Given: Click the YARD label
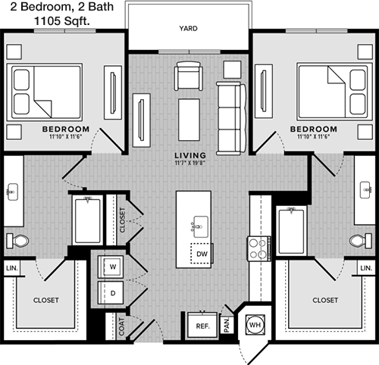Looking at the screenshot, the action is (188, 28).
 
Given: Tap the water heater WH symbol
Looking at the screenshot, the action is (255, 325).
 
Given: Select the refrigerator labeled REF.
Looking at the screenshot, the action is (202, 325).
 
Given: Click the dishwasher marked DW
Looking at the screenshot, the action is (202, 254).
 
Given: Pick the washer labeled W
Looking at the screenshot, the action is (111, 267).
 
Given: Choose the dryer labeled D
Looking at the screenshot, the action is (111, 293).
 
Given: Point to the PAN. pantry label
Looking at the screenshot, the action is (227, 325).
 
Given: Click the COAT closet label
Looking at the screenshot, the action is (121, 326).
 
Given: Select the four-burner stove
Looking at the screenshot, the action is (259, 248).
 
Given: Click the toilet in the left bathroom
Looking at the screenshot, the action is (17, 241).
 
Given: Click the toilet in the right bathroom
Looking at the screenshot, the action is (361, 241).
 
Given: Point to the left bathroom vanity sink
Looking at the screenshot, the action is (12, 192).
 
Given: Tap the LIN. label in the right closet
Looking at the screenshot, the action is (366, 268).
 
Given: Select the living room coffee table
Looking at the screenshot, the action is (189, 120).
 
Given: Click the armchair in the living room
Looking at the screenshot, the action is (189, 76).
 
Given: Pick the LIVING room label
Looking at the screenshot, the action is (190, 155).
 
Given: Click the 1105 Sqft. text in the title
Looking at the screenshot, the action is (62, 21).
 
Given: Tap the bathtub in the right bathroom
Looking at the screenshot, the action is (291, 231).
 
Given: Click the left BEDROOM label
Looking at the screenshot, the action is (66, 129).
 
